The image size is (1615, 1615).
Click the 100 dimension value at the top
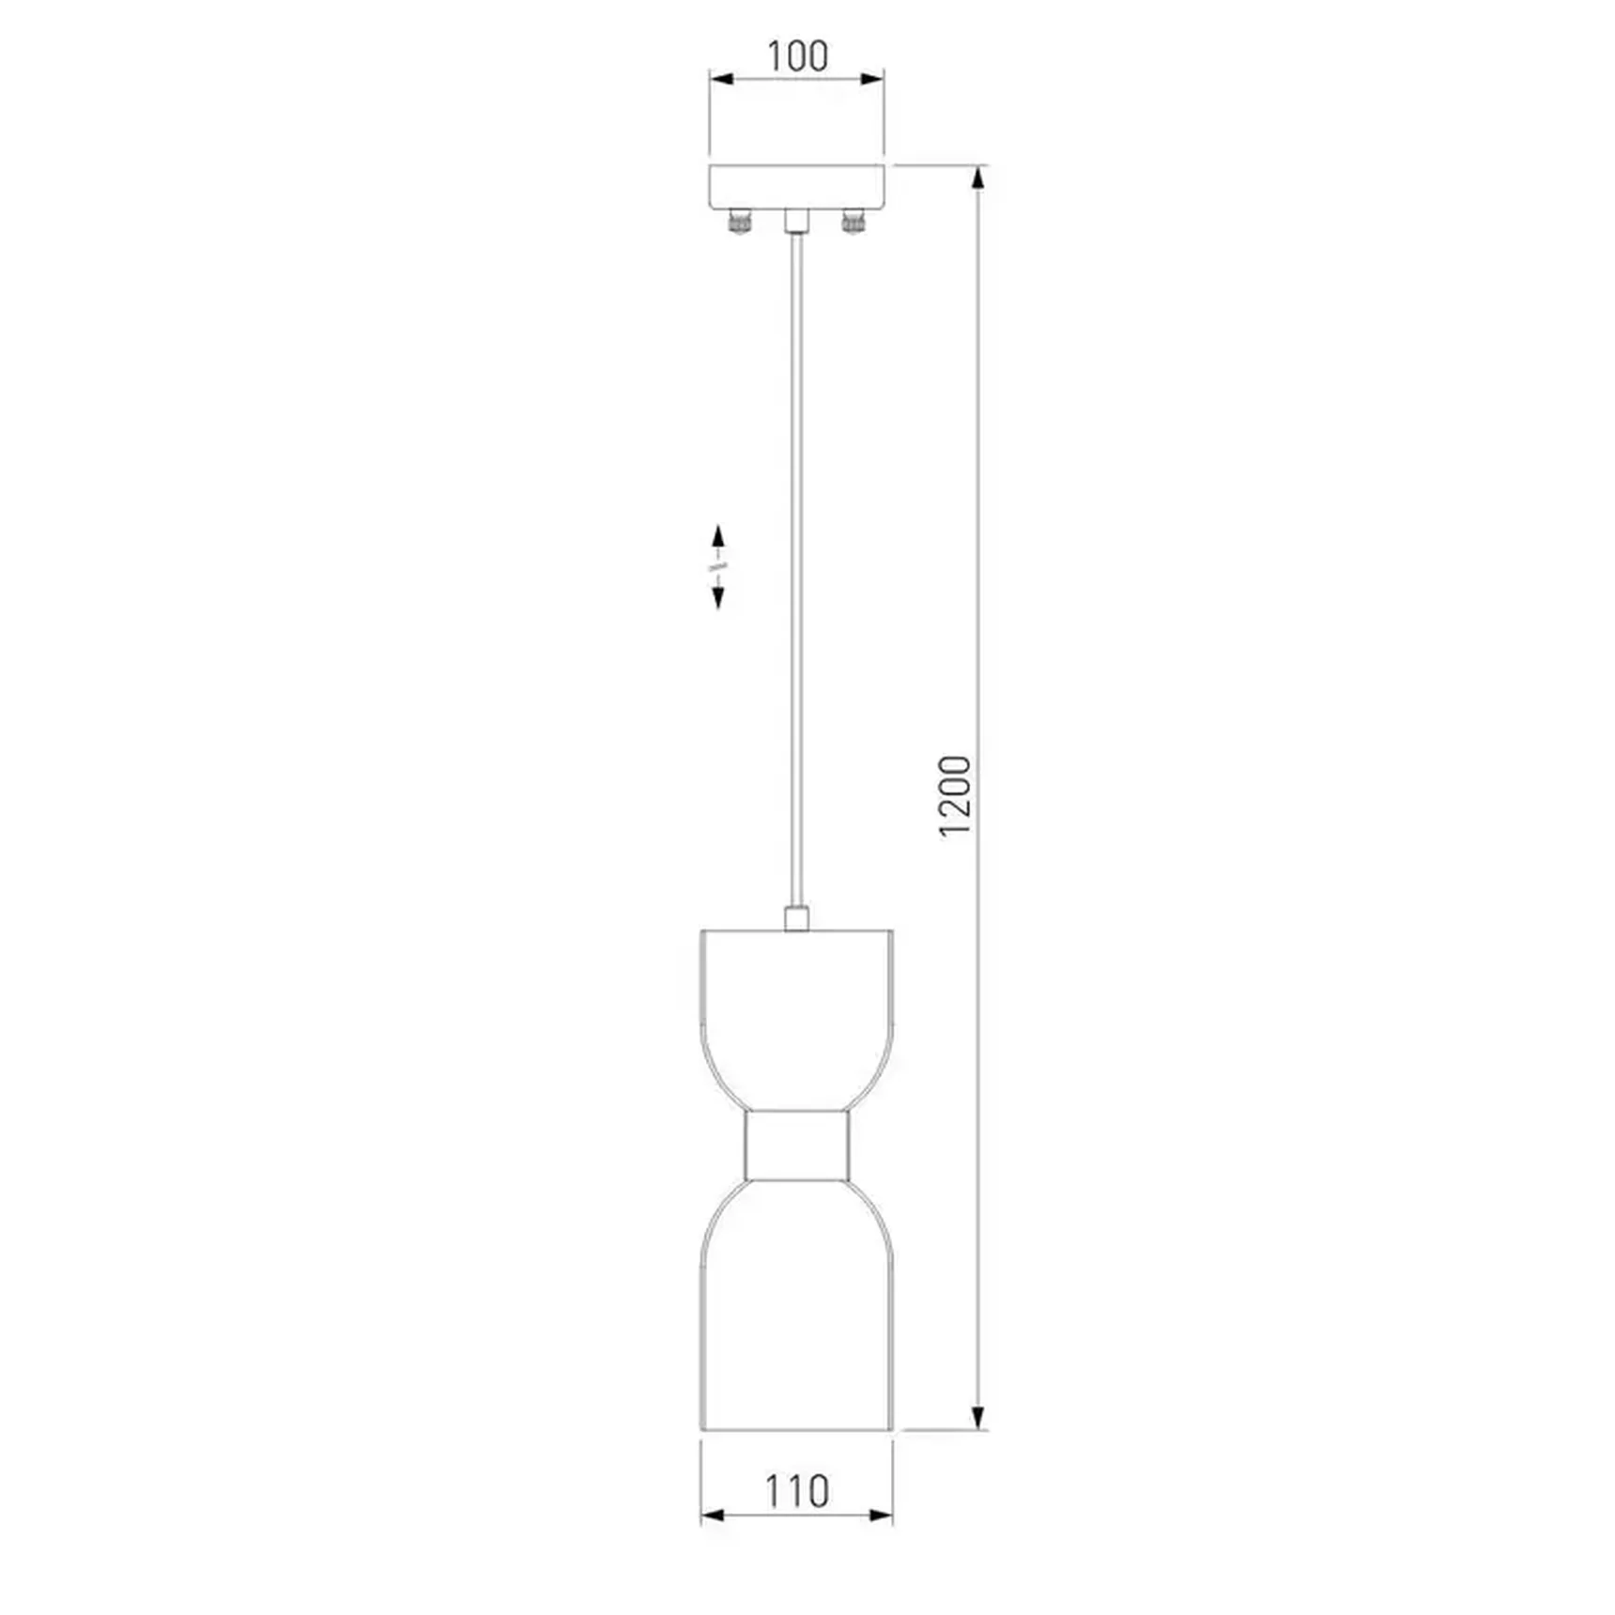click(x=797, y=56)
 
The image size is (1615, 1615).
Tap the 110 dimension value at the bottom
click(x=796, y=1490)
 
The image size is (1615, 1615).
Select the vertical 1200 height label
click(x=954, y=795)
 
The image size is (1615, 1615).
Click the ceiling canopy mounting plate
click(x=796, y=187)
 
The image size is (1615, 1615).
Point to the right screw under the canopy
click(x=853, y=222)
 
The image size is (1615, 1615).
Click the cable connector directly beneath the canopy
click(x=796, y=221)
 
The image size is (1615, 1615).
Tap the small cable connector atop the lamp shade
click(x=796, y=917)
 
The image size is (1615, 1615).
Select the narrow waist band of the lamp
click(x=796, y=1146)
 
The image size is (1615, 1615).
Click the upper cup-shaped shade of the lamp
click(x=796, y=1020)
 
